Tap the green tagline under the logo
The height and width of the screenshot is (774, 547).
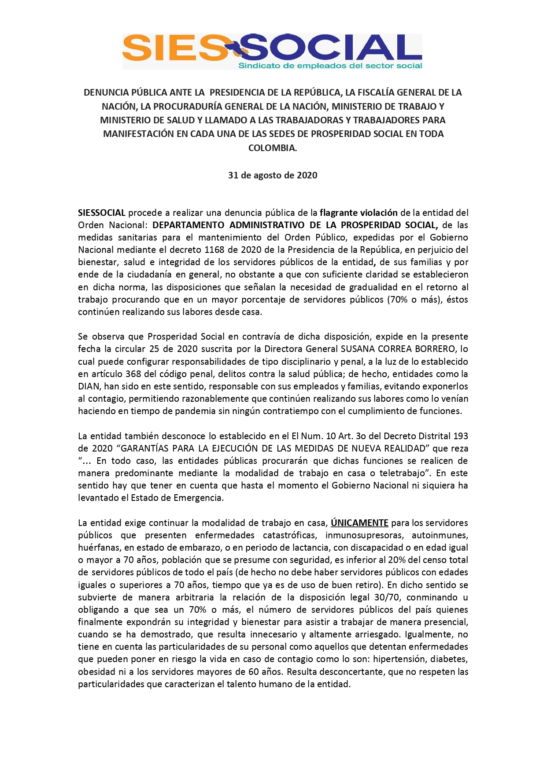coord(330,66)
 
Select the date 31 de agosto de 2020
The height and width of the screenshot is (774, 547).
coord(273,175)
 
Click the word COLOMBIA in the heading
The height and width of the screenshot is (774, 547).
coord(273,148)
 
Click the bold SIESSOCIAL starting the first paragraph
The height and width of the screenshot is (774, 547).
coord(102,213)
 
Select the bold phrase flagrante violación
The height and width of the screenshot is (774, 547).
coord(359,213)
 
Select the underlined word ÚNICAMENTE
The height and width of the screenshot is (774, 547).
coord(359,523)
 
